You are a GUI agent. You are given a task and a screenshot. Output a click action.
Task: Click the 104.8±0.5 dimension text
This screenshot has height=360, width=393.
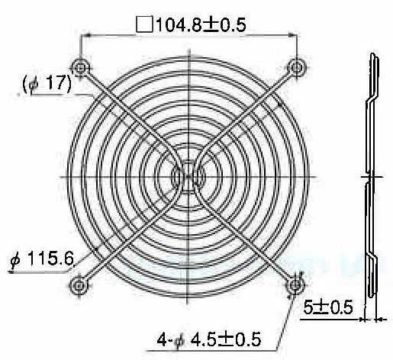click(x=201, y=24)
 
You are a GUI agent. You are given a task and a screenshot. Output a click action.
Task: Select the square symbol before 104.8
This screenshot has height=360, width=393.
click(x=144, y=24)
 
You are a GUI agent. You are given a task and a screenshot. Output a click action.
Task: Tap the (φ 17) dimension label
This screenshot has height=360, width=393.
click(x=47, y=83)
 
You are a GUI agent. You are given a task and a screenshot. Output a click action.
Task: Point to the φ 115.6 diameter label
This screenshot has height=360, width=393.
click(x=42, y=259)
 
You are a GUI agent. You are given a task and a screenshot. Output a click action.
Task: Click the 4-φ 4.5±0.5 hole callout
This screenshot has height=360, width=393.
click(x=209, y=339)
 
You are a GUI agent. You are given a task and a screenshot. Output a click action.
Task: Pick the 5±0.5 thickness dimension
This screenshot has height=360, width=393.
click(x=328, y=307)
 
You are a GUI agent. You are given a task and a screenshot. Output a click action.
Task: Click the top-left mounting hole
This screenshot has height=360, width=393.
click(x=80, y=68)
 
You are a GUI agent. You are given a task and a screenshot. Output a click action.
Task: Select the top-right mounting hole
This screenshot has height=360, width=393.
click(x=296, y=68)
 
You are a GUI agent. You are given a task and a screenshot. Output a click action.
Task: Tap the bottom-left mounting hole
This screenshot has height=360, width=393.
click(x=79, y=285)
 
